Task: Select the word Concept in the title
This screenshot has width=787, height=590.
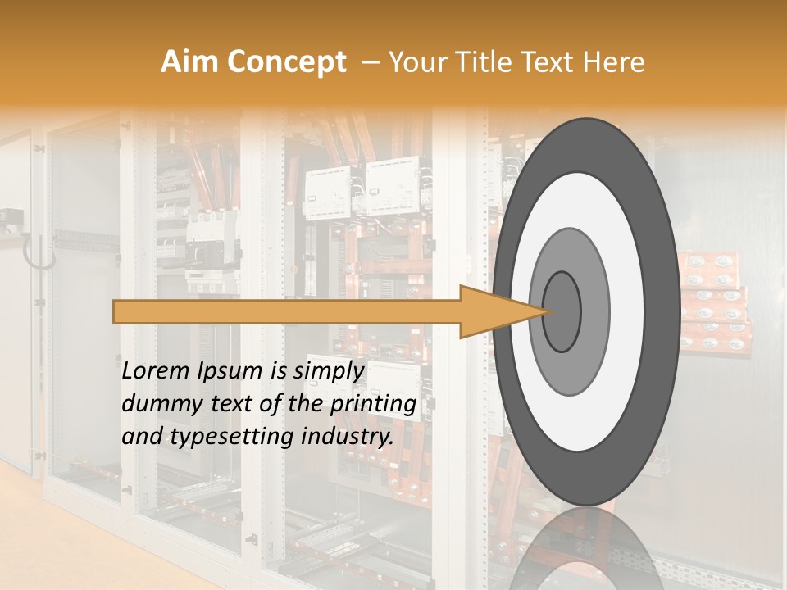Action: (x=285, y=62)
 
